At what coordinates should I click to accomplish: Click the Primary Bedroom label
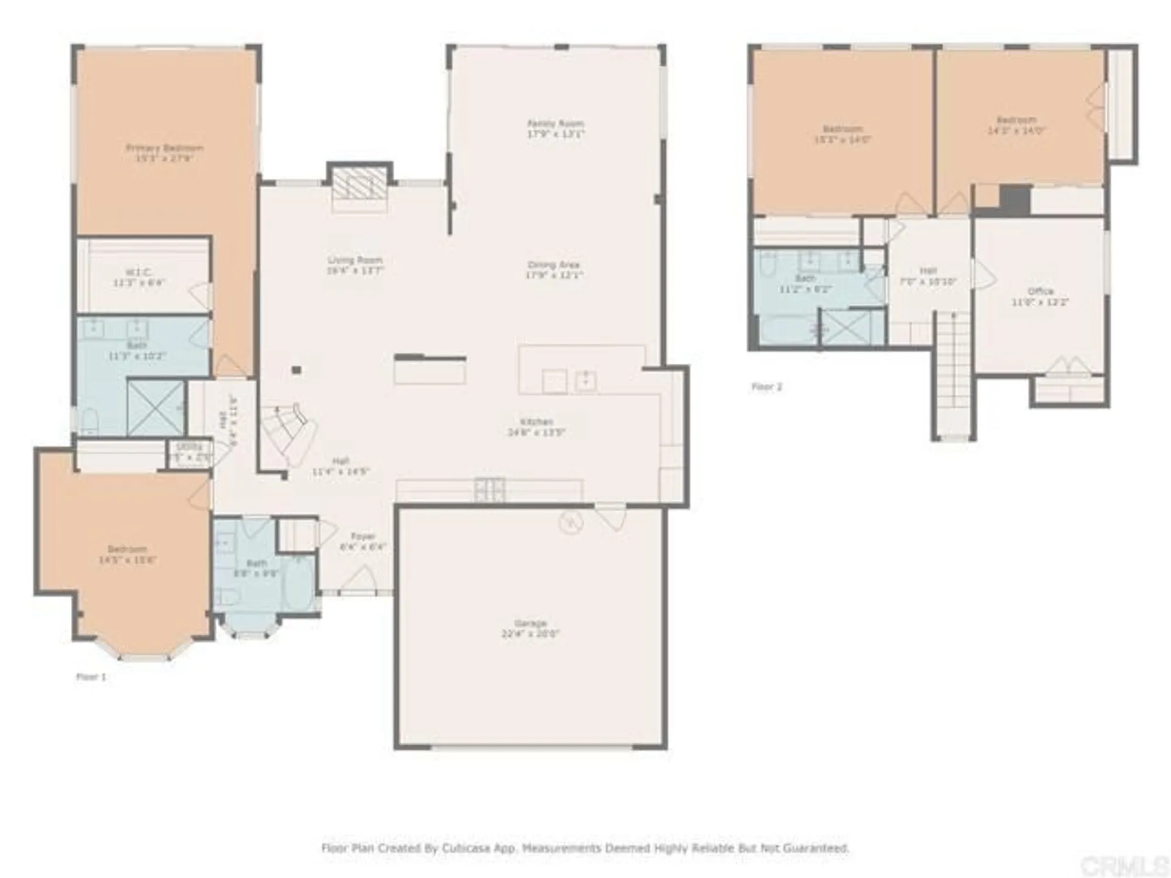point(165,148)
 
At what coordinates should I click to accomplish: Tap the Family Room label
point(556,124)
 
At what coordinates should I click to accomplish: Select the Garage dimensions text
point(530,633)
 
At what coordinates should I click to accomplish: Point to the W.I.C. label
point(139,272)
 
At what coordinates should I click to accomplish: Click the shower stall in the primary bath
point(156,408)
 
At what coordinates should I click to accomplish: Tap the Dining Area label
point(553,265)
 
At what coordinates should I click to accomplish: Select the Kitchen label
point(536,421)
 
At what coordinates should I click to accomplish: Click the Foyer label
point(363,536)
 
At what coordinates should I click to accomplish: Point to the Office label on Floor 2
point(1040,291)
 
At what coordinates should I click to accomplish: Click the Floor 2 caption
point(766,387)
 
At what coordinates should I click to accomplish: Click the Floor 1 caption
point(91,677)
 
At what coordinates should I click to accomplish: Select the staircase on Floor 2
point(954,375)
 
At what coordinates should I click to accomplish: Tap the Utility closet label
point(189,447)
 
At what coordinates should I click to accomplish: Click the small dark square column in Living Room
point(297,370)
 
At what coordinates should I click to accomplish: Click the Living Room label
point(355,260)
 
